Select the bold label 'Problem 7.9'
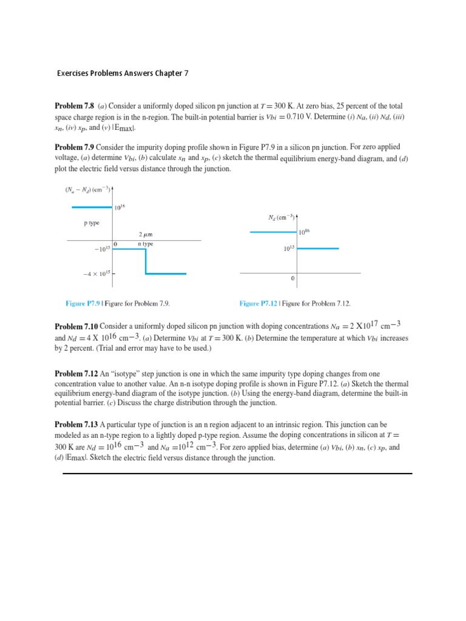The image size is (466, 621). pos(74,147)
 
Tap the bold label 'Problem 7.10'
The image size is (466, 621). pos(76,326)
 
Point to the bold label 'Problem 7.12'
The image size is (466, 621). pos(76,374)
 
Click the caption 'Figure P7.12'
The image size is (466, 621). pos(258,303)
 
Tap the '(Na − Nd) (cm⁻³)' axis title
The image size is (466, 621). pos(87,189)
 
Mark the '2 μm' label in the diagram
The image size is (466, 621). pos(146,234)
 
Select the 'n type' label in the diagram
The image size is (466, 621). pos(146,244)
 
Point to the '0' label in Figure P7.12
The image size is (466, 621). pos(293,279)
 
